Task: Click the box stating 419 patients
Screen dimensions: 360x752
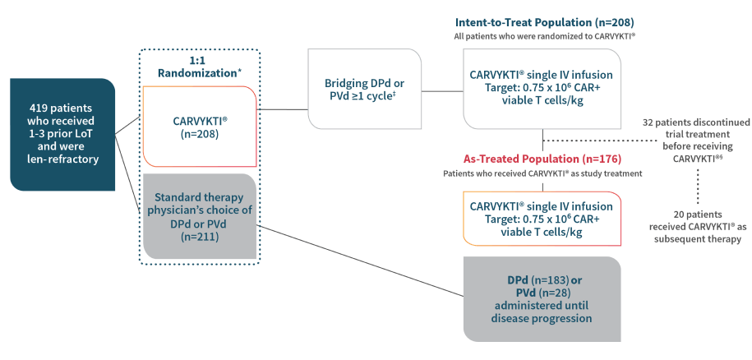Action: click(62, 133)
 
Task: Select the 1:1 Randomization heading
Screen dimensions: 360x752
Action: click(200, 67)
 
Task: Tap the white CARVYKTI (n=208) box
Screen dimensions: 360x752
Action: click(200, 127)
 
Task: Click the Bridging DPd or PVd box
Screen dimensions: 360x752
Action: click(365, 89)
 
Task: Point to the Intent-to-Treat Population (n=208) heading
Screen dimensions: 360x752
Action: click(544, 22)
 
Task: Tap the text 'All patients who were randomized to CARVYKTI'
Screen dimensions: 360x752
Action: click(544, 37)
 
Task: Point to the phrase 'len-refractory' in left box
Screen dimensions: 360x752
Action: click(62, 159)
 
